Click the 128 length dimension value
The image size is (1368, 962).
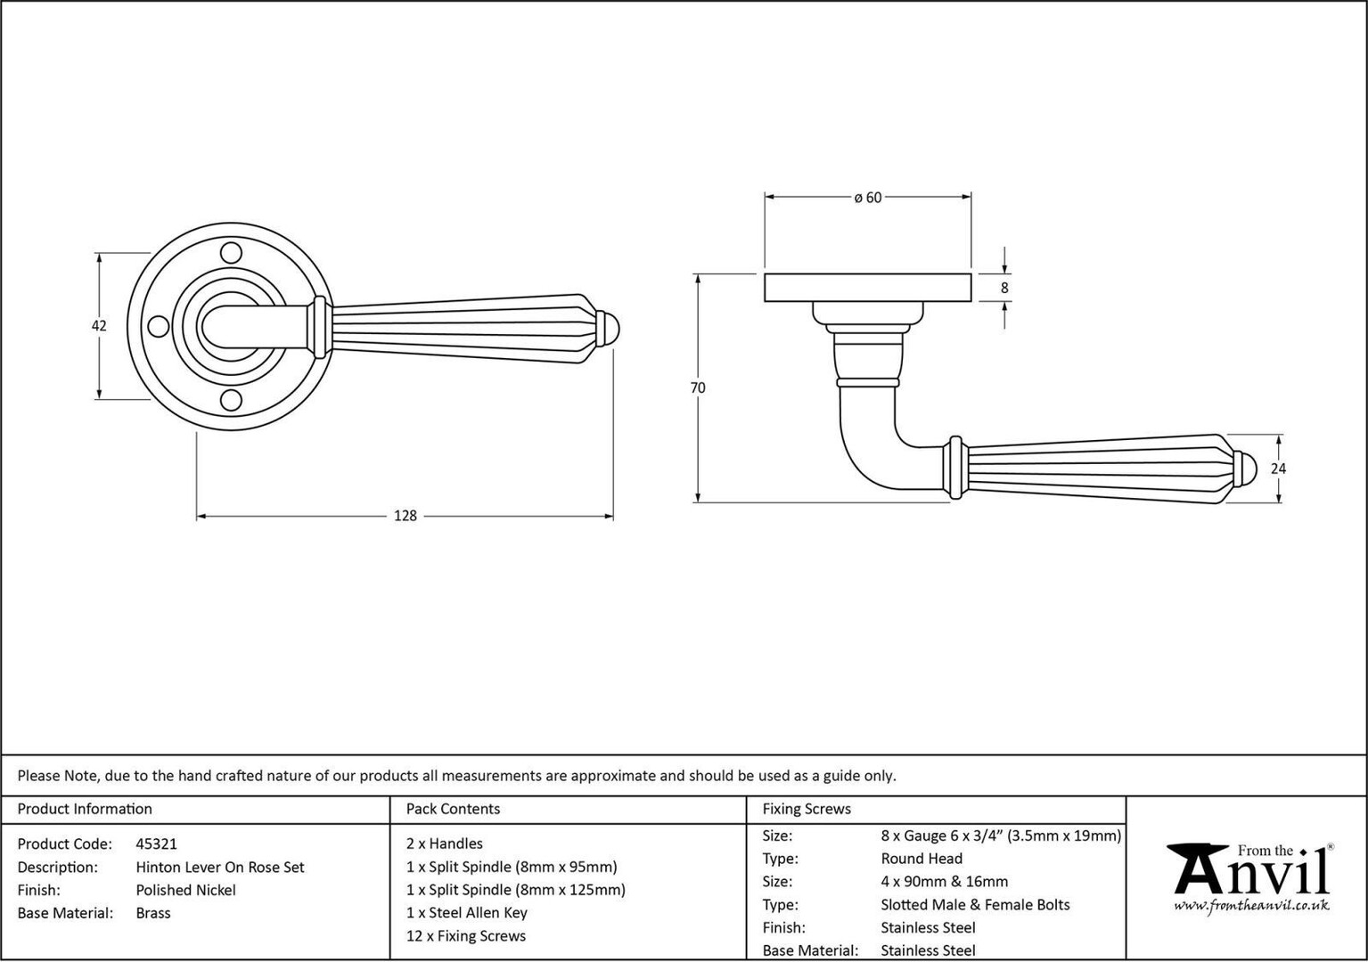(405, 516)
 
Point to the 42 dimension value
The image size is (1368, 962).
(99, 326)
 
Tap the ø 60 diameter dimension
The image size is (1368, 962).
(868, 198)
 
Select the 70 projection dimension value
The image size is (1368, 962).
(698, 387)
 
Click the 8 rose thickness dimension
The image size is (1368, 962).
(1004, 288)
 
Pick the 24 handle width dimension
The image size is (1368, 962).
(1278, 469)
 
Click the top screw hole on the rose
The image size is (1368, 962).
(231, 253)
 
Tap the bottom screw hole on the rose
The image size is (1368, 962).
(231, 400)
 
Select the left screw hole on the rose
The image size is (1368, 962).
(159, 327)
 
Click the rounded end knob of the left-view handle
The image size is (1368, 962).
(608, 328)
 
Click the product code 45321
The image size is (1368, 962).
(156, 844)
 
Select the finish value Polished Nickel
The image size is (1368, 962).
(185, 891)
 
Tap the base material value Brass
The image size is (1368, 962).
(153, 913)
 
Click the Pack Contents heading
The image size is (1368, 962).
(453, 809)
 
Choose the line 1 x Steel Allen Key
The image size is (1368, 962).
(467, 913)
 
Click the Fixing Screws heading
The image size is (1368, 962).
(807, 809)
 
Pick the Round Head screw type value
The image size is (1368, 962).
(922, 859)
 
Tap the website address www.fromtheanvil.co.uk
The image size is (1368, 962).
(1251, 906)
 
